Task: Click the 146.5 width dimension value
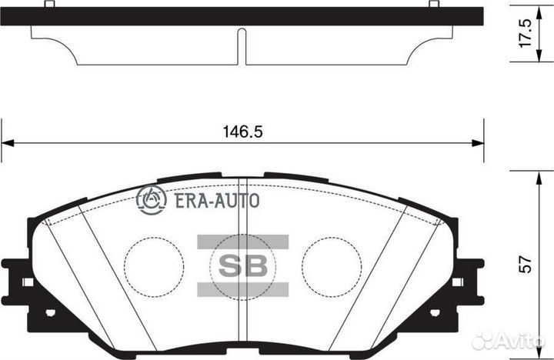pyautogui.click(x=242, y=132)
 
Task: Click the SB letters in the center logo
pyautogui.click(x=243, y=266)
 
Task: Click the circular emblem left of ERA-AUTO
pyautogui.click(x=152, y=200)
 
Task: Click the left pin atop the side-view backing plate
pyautogui.click(x=48, y=5)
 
